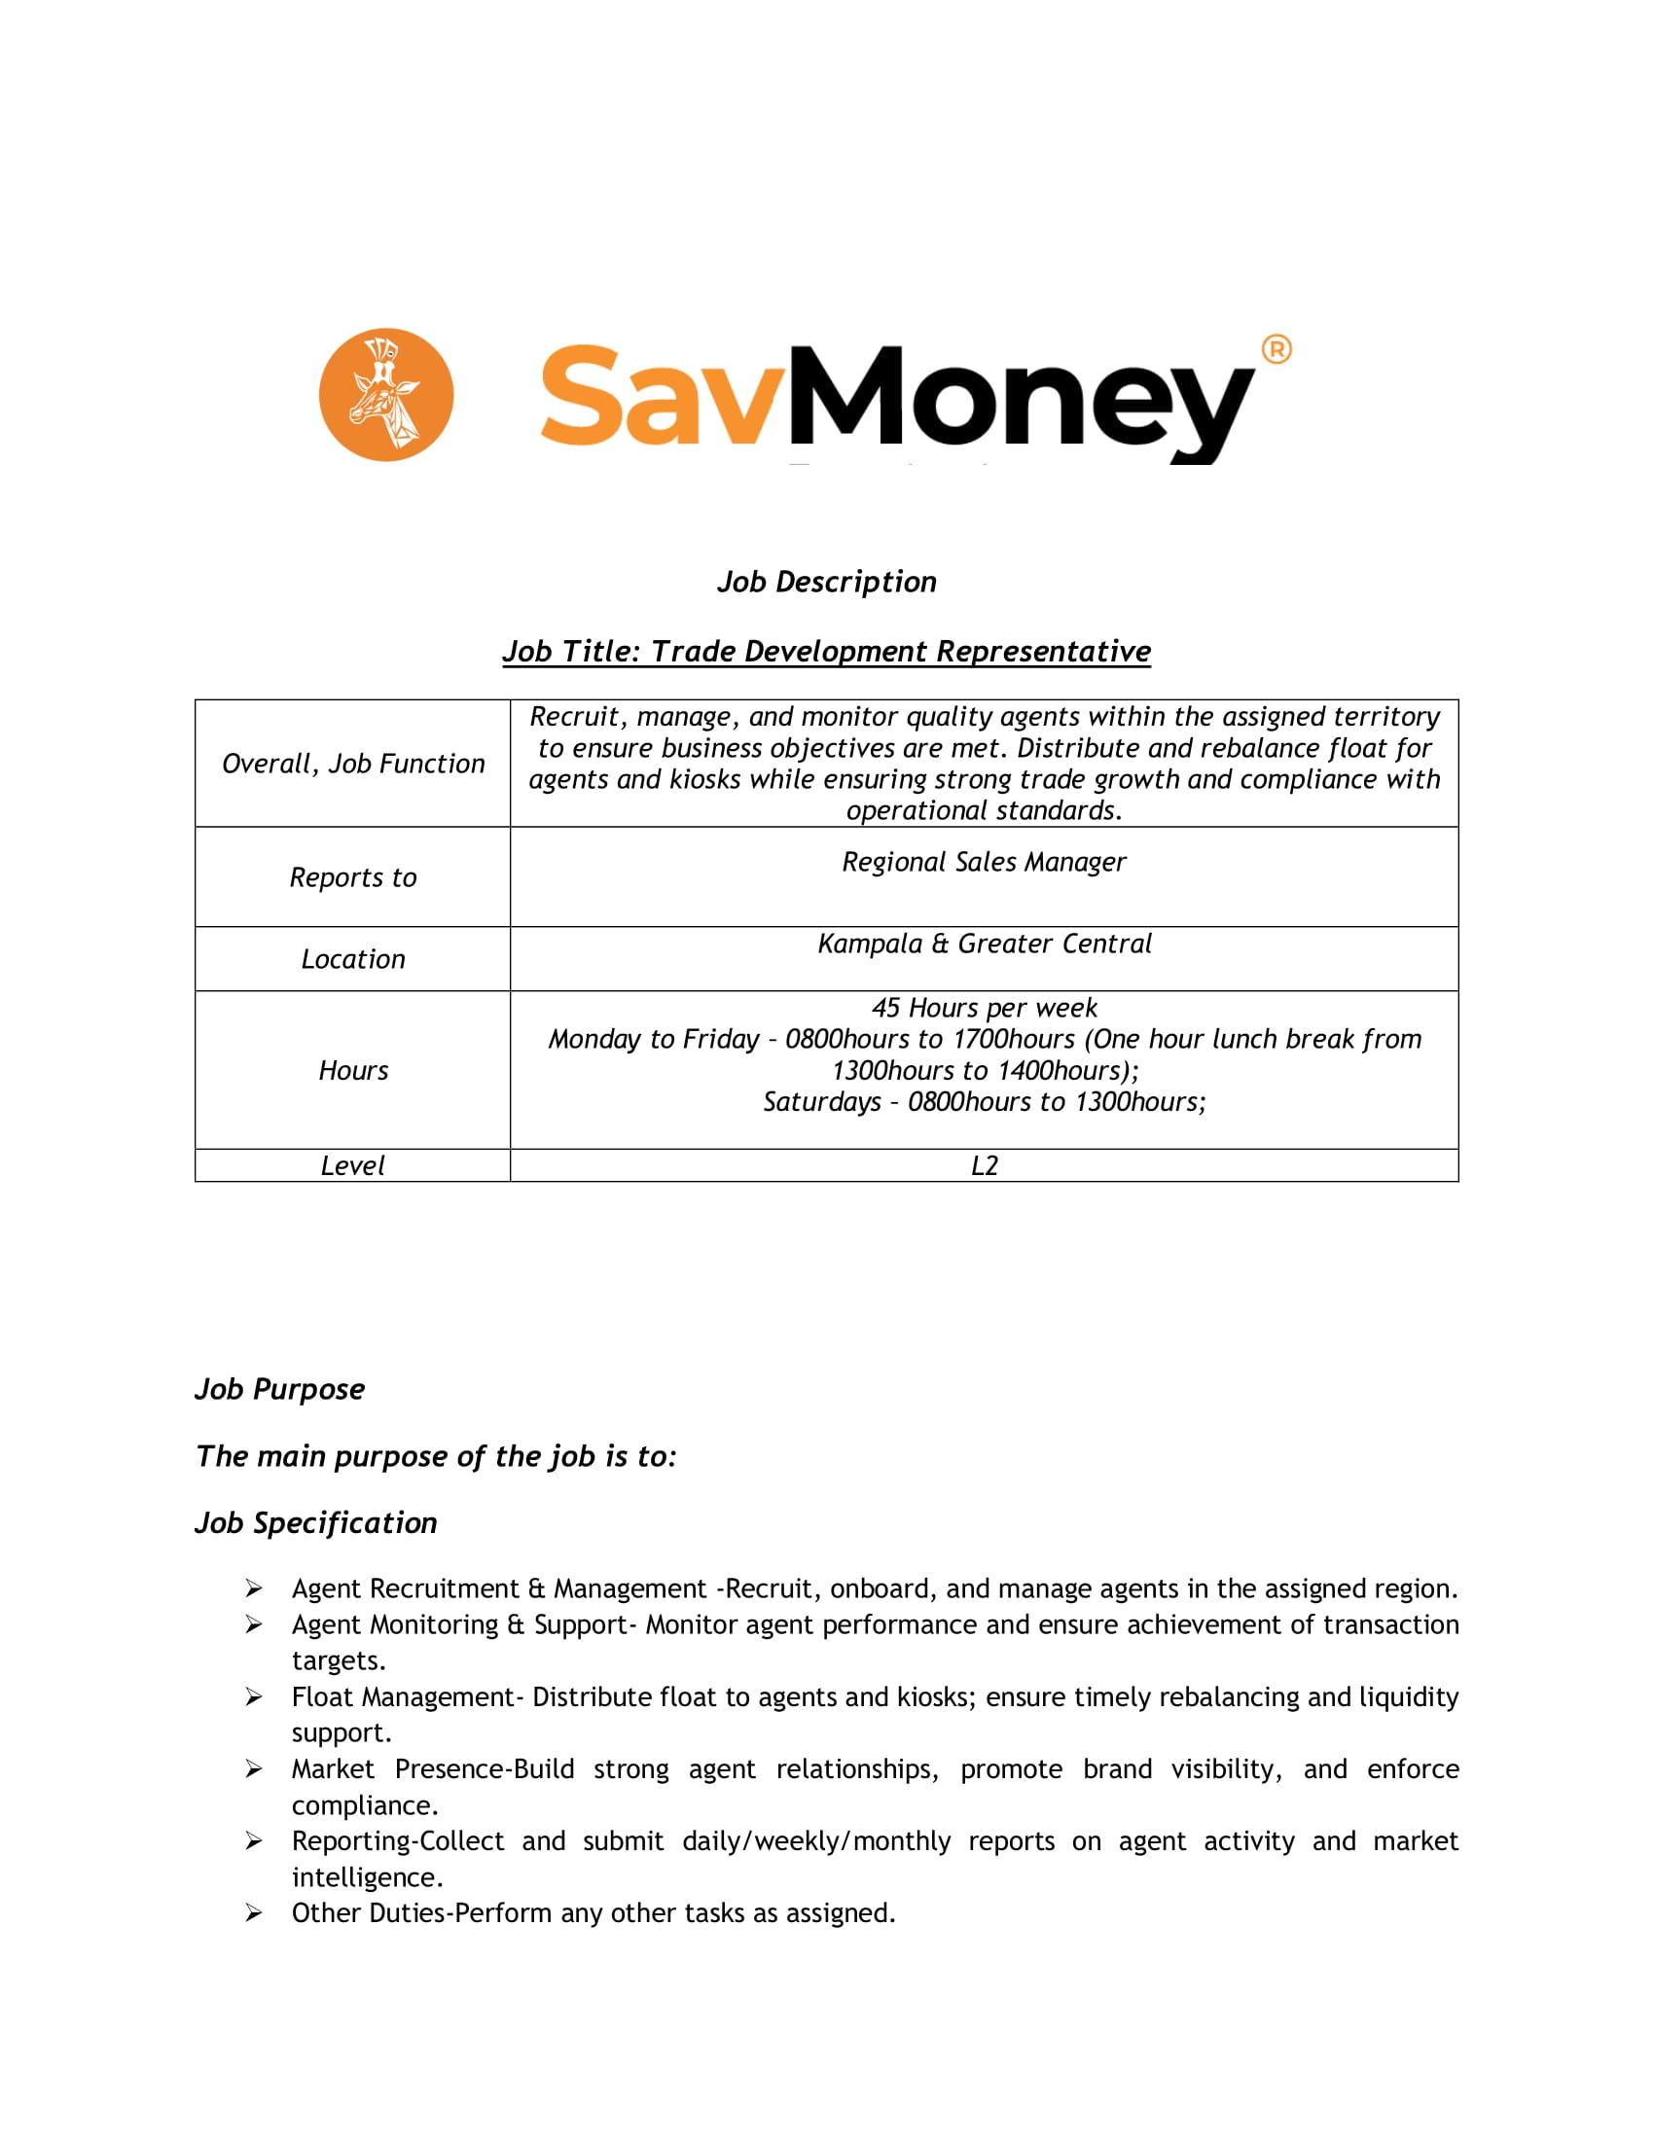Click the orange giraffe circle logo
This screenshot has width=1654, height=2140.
(x=386, y=395)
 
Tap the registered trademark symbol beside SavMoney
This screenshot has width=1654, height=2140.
(x=1276, y=349)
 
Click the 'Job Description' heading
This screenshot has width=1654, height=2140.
(x=826, y=582)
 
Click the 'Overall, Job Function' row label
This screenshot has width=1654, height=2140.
(x=353, y=764)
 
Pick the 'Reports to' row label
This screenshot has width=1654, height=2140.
(x=353, y=877)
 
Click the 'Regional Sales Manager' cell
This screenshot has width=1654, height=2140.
(x=984, y=862)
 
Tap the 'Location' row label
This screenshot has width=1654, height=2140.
(x=353, y=959)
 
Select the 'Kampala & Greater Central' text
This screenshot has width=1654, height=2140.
(x=984, y=944)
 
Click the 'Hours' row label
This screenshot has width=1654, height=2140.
(x=353, y=1070)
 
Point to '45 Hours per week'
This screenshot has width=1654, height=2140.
(x=984, y=1008)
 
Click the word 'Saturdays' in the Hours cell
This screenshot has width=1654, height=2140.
(x=821, y=1102)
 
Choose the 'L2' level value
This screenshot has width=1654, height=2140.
(x=984, y=1165)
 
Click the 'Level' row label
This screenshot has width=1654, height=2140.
(x=353, y=1165)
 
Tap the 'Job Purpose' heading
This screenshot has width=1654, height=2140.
(x=279, y=1389)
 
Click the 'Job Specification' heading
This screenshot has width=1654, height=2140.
(x=315, y=1522)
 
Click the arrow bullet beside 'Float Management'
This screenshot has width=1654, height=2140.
(x=254, y=1697)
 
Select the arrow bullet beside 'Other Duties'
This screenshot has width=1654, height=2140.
(x=254, y=1913)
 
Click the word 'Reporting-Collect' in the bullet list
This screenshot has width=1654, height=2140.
(x=398, y=1841)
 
